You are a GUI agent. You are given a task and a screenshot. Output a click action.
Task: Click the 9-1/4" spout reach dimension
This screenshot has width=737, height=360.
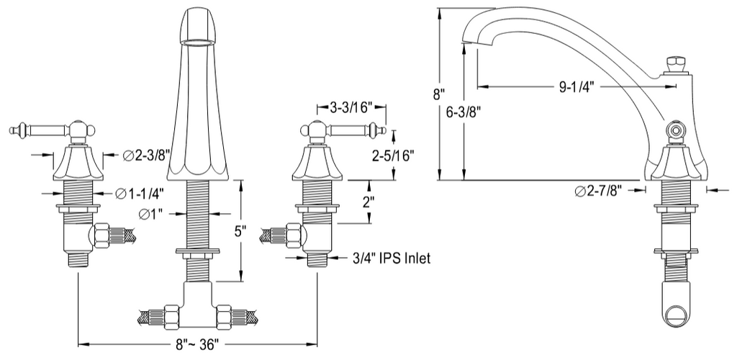click(x=577, y=87)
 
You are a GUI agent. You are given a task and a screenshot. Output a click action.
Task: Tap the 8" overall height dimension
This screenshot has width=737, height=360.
click(x=439, y=94)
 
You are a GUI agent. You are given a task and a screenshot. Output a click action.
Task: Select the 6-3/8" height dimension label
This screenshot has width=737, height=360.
click(x=463, y=111)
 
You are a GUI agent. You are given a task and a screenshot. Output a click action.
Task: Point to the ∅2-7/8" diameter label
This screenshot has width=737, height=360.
click(x=598, y=190)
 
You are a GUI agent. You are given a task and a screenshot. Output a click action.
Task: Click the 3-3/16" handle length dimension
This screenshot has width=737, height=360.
click(x=351, y=107)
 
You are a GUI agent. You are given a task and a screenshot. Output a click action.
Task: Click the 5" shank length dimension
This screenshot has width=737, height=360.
click(x=240, y=230)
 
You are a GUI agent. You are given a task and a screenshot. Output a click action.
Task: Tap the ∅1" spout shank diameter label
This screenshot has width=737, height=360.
click(x=150, y=214)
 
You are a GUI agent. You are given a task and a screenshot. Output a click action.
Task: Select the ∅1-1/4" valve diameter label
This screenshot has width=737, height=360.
click(x=139, y=193)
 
